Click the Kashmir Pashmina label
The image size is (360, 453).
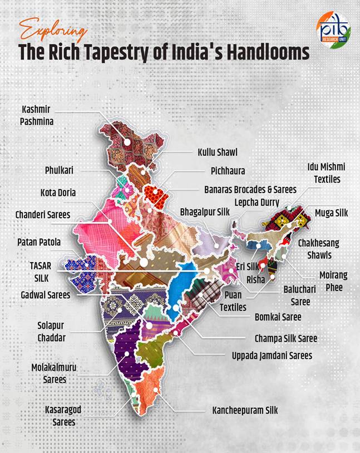click(38, 114)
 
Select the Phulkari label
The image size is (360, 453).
click(60, 170)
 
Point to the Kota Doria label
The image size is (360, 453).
click(58, 193)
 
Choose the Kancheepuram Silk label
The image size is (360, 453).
click(245, 410)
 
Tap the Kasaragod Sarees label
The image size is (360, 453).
click(63, 415)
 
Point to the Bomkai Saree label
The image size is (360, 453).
click(278, 317)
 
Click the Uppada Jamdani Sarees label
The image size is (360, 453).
click(272, 354)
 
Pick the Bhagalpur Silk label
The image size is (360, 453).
click(204, 212)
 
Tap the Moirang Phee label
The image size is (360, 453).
click(331, 280)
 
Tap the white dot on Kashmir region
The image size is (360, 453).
click(127, 142)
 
